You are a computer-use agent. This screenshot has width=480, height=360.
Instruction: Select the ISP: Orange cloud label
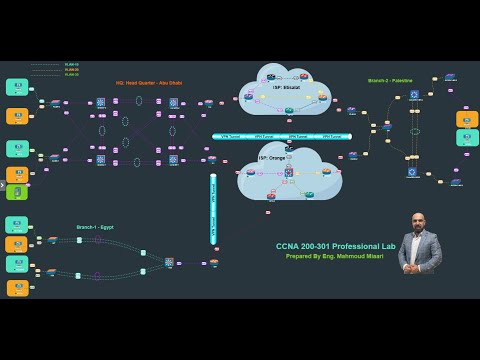[x=273, y=158]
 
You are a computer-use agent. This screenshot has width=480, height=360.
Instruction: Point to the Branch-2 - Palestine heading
[x=390, y=80]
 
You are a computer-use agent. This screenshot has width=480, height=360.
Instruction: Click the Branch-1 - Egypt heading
[x=95, y=227]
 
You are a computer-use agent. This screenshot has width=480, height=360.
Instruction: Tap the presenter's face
[x=420, y=223]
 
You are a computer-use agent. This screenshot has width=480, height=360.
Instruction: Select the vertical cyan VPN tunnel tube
[x=213, y=208]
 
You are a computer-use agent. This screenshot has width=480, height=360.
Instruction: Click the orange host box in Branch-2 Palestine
[x=467, y=119]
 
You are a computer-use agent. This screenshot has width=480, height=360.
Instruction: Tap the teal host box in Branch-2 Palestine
[x=467, y=138]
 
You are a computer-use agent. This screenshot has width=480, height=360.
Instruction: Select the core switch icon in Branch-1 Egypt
[x=169, y=262]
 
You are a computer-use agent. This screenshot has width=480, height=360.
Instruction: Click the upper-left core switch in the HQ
[x=101, y=103]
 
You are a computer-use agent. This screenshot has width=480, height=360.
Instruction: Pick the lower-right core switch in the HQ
[x=173, y=159]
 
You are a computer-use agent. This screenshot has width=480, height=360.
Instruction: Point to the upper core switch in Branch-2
[x=414, y=95]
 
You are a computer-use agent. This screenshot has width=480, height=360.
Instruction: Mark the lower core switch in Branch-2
[x=412, y=172]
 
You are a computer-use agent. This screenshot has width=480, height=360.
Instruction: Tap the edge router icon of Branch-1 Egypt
[x=214, y=262]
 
